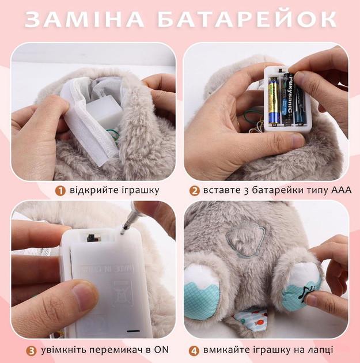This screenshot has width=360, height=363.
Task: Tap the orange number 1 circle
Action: coord(60,190)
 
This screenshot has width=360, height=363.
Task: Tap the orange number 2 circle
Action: coord(194,190)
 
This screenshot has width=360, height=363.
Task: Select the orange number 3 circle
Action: coord(31,350)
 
